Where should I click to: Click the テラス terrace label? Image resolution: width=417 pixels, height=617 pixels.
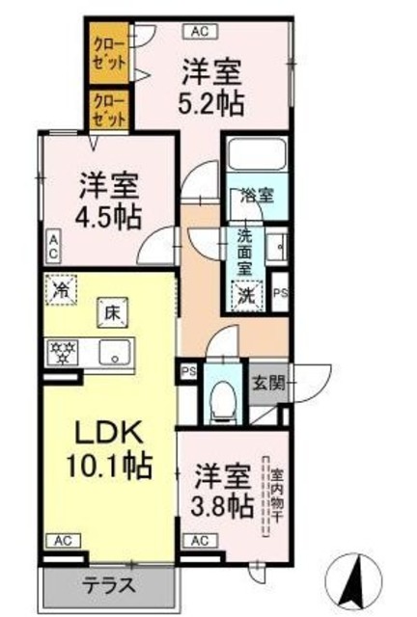[107, 584]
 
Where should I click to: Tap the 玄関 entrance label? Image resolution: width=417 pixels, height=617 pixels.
[268, 382]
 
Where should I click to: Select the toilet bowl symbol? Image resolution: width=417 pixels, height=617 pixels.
[223, 396]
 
